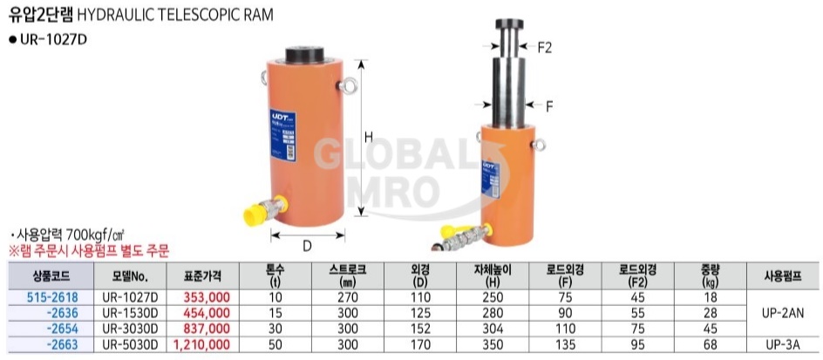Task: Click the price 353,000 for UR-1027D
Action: point(207,297)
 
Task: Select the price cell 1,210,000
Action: point(201,345)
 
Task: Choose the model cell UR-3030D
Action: point(129,329)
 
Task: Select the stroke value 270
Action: point(348,297)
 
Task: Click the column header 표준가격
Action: point(202,275)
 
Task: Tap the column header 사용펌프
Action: point(783,275)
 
